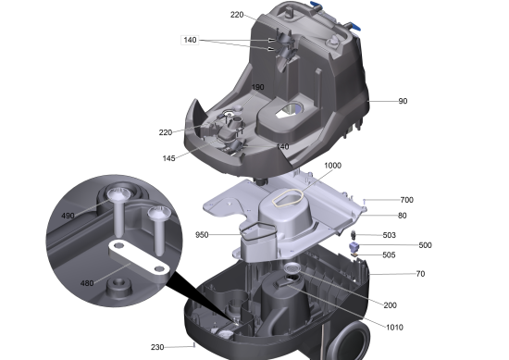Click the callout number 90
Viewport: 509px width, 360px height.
403,101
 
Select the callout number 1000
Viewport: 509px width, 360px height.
333,166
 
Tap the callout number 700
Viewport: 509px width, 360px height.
407,200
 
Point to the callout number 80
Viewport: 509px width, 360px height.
403,216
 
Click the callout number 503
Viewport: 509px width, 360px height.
390,235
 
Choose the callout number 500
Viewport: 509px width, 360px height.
426,244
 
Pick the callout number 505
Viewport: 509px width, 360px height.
389,254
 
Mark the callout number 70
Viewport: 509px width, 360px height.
420,274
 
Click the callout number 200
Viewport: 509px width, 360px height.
391,305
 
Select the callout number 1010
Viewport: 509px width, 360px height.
395,328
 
